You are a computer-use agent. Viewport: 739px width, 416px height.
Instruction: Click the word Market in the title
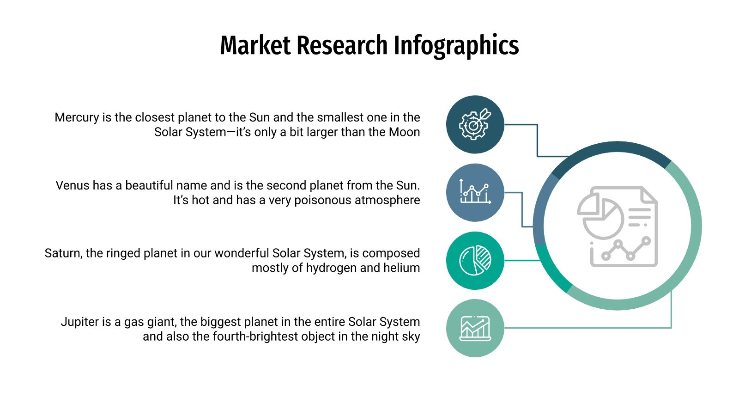click(x=255, y=45)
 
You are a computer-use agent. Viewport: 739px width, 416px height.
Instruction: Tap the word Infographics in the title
click(x=456, y=45)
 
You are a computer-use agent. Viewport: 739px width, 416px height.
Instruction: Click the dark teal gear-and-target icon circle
click(x=475, y=124)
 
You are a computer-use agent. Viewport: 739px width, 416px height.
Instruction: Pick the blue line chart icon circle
click(x=475, y=192)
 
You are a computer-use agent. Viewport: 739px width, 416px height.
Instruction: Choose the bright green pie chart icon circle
click(x=475, y=260)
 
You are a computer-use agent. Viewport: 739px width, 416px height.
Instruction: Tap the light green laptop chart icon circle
click(x=475, y=328)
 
